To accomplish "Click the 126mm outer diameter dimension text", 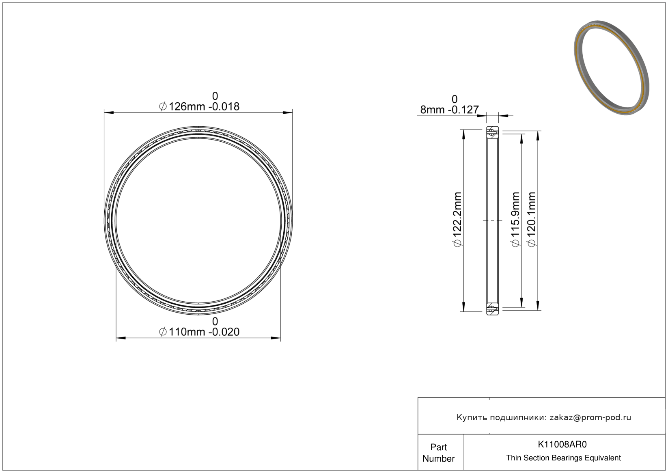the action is pos(199,106).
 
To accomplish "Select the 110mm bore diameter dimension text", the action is pos(199,332).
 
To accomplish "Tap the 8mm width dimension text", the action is pos(449,110).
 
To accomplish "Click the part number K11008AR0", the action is pos(562,445).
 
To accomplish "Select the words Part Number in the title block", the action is pos(438,453).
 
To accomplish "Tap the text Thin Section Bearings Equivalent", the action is pos(563,458).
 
